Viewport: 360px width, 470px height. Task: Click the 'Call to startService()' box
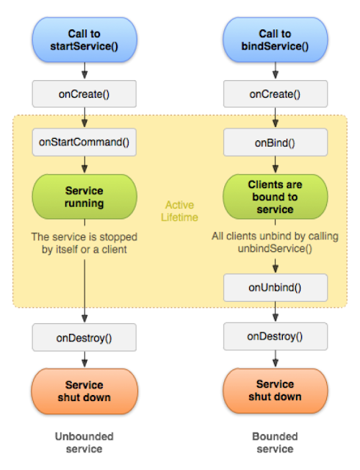[x=84, y=40]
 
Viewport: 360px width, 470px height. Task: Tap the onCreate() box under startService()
[x=84, y=94]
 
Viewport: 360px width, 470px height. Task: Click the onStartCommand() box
[x=84, y=142]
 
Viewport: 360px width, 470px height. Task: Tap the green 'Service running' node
[x=84, y=197]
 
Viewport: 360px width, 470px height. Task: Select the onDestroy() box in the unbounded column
[x=84, y=338]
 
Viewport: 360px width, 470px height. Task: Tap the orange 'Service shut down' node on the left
[x=84, y=391]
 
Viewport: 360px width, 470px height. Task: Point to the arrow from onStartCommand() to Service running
[x=84, y=166]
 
